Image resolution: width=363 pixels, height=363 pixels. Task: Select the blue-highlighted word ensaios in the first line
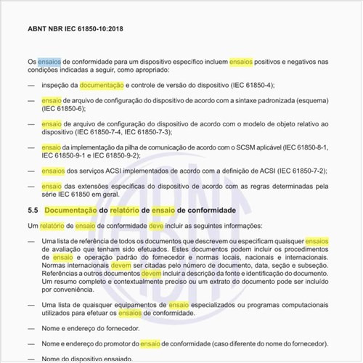click(50, 62)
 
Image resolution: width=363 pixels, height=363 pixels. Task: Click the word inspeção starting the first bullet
click(57, 86)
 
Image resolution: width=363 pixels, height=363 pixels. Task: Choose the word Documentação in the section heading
click(71, 211)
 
